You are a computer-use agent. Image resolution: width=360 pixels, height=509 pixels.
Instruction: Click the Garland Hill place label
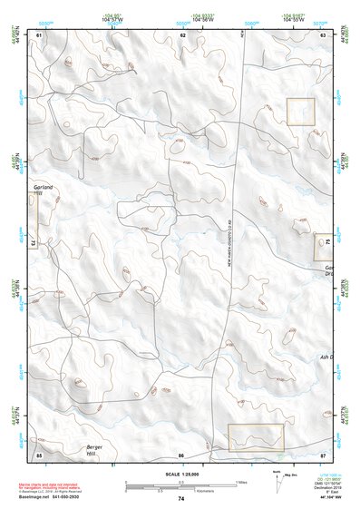44,190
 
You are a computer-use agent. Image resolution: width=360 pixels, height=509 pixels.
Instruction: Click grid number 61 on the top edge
39,34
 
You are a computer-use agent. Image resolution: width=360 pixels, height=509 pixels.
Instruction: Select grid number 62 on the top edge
182,34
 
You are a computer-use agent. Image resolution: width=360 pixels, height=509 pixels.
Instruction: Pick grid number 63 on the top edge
324,34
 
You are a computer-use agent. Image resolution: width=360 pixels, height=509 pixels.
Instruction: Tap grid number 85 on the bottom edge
39,454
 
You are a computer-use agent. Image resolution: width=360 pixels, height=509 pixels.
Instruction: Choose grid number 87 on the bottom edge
324,454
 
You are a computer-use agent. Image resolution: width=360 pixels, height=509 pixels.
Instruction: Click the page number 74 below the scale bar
181,499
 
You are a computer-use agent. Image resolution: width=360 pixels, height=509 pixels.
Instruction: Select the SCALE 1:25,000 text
180,475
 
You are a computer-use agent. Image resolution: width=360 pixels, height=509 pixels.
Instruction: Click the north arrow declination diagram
277,482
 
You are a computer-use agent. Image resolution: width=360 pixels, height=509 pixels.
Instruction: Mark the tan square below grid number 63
300,112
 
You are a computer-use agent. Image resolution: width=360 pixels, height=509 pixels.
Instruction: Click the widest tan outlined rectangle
255,436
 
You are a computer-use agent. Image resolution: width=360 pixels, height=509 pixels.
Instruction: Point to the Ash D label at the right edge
327,357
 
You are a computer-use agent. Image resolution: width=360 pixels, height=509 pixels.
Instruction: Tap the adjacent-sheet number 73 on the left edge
32,244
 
